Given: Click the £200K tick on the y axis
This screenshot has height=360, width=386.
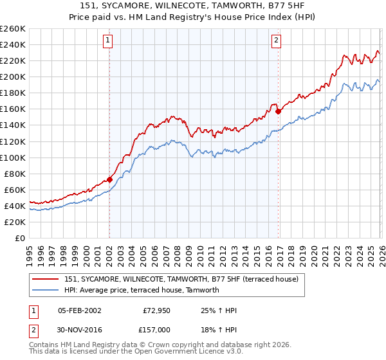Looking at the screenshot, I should click(13, 76).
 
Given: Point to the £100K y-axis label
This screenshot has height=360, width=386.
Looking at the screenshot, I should click(13, 157).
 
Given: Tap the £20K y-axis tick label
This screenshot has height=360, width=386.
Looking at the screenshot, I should click(15, 222).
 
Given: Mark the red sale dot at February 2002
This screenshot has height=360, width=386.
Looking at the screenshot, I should click(109, 179).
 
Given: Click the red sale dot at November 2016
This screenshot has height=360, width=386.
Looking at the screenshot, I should click(278, 111).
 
